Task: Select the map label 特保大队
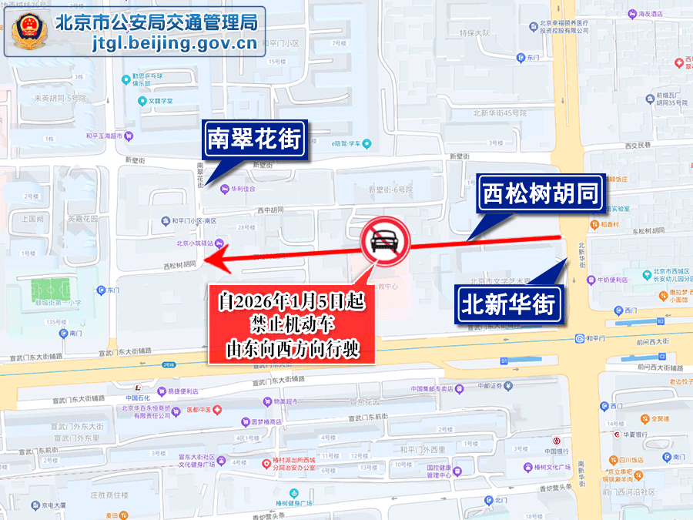474,33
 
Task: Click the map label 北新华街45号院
500,112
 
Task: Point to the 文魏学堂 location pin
142,101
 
